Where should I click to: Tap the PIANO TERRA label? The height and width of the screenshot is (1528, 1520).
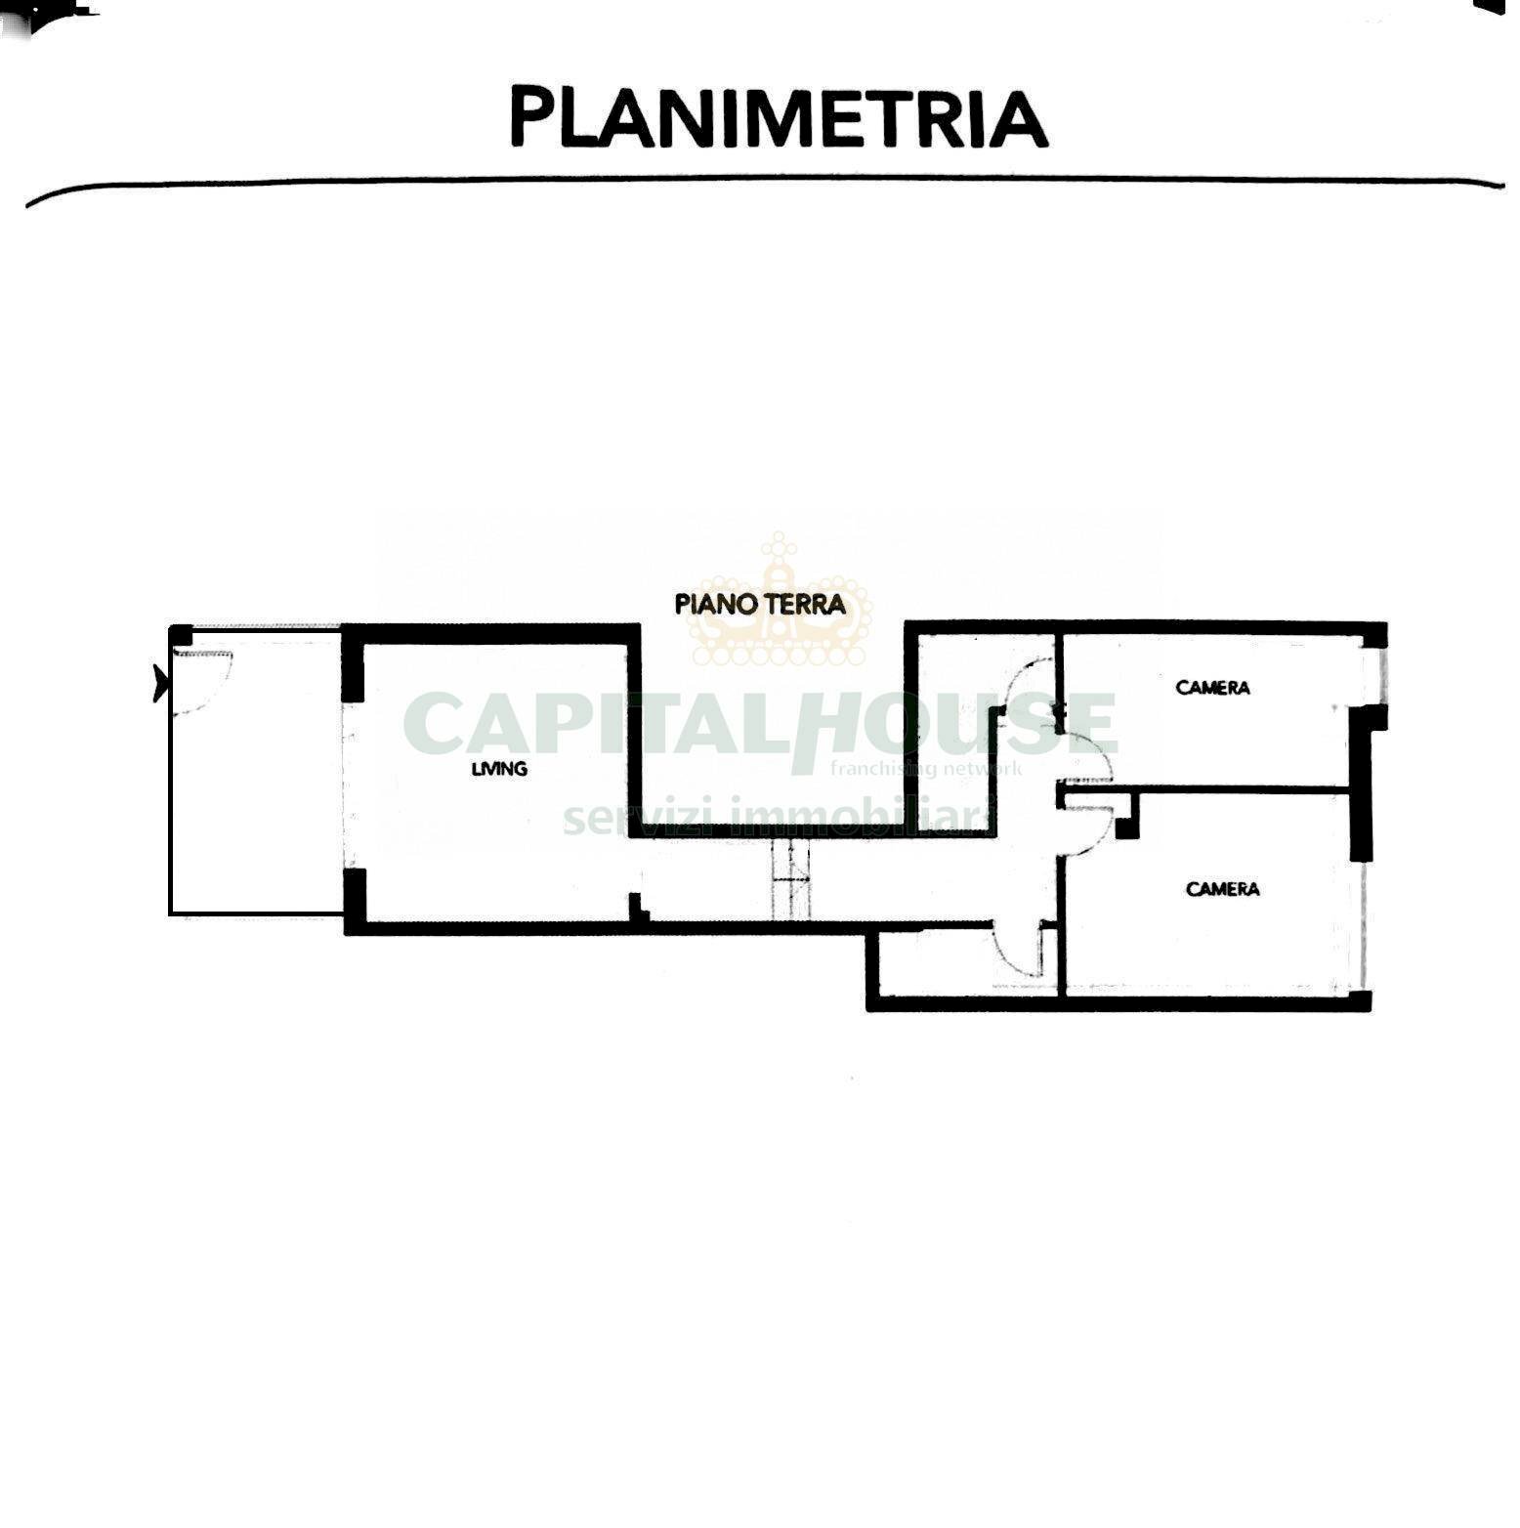[760, 604]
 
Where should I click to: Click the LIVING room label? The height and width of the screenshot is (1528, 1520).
[499, 769]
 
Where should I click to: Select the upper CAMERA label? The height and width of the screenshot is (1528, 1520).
[1212, 688]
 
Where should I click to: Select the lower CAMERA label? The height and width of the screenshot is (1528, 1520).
[1222, 889]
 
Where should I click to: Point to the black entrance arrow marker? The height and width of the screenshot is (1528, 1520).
[160, 682]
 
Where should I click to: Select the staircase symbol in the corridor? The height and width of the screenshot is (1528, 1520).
[791, 879]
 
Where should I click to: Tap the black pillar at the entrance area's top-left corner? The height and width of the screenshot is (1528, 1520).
[181, 635]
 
